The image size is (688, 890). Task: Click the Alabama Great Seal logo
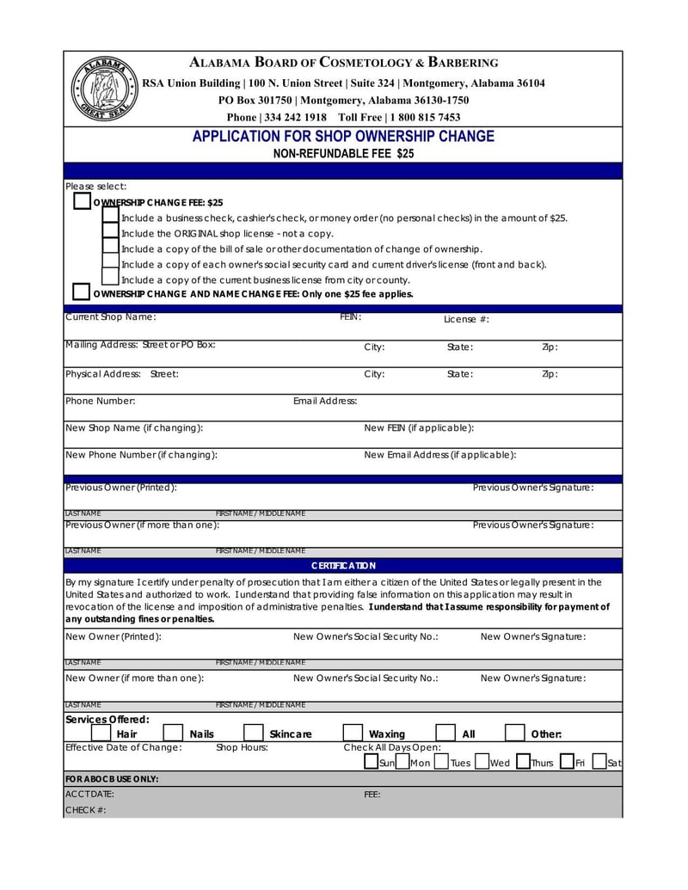[x=102, y=89]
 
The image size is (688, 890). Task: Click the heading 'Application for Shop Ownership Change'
[x=343, y=137]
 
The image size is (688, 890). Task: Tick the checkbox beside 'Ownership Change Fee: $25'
[x=82, y=201]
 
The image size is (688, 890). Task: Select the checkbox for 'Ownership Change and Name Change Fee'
[x=82, y=292]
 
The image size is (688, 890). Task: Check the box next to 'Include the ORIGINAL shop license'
[x=111, y=232]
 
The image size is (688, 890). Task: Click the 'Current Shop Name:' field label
[x=110, y=317]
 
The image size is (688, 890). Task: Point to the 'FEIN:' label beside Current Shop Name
[x=350, y=317]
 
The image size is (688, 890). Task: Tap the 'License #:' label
[x=466, y=320]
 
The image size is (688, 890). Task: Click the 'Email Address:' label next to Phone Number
[x=325, y=401]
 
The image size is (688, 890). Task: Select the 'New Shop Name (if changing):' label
[x=134, y=428]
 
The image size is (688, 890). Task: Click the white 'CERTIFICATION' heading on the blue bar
[x=343, y=566]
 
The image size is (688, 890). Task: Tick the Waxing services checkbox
[x=353, y=733]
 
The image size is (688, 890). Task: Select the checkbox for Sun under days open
[x=371, y=762]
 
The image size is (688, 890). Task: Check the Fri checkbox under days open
[x=567, y=762]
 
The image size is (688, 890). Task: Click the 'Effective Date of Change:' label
[x=124, y=747]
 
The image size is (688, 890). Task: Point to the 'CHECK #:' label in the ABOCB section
[x=85, y=810]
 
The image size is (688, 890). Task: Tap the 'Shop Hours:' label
[x=242, y=747]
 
